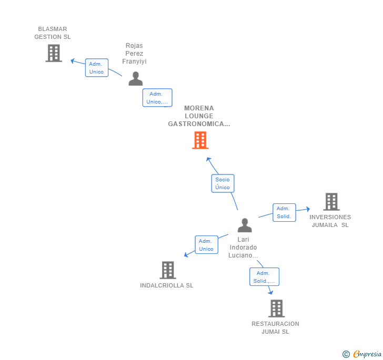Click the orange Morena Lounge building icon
click(x=200, y=140)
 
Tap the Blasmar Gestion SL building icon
click(x=54, y=53)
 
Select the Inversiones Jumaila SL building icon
click(x=331, y=202)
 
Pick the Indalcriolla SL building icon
click(x=167, y=270)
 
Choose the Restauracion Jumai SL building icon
click(x=276, y=308)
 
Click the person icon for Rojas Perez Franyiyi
click(x=136, y=79)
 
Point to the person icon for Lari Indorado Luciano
click(x=245, y=225)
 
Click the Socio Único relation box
click(x=223, y=183)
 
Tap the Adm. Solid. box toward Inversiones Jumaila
click(x=284, y=212)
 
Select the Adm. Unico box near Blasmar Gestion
click(x=96, y=68)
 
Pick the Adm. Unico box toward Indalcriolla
click(x=206, y=245)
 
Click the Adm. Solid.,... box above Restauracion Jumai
click(x=264, y=277)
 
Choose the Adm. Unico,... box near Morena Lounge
click(x=157, y=98)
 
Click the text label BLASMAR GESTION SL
click(x=53, y=33)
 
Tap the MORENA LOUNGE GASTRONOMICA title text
click(x=199, y=116)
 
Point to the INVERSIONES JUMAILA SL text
click(x=330, y=221)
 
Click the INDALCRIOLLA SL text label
click(x=167, y=285)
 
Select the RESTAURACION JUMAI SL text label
click(x=275, y=327)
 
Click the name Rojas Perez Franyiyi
click(x=134, y=54)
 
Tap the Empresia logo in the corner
click(x=366, y=354)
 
